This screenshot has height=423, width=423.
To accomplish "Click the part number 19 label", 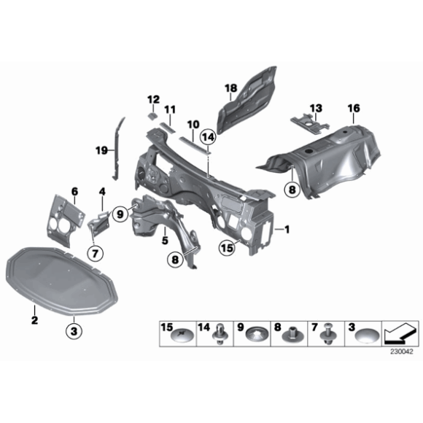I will [x=102, y=151].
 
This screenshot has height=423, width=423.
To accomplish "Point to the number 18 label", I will [x=231, y=90].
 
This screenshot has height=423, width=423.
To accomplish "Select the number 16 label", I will [x=353, y=109].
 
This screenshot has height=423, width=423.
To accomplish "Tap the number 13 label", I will [x=315, y=109].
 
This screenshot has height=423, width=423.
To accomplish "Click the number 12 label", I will [x=153, y=99].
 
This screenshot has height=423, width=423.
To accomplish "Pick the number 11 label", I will [x=169, y=110].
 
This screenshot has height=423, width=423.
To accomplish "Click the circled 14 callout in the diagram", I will [x=208, y=136].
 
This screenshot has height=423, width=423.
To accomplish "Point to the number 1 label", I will [x=287, y=229].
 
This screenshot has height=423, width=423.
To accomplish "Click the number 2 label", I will [x=34, y=319].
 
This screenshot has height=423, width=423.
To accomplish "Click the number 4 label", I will [x=102, y=192].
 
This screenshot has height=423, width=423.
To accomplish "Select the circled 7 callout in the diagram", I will [x=93, y=253].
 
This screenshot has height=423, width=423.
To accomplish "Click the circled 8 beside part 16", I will [x=291, y=190].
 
